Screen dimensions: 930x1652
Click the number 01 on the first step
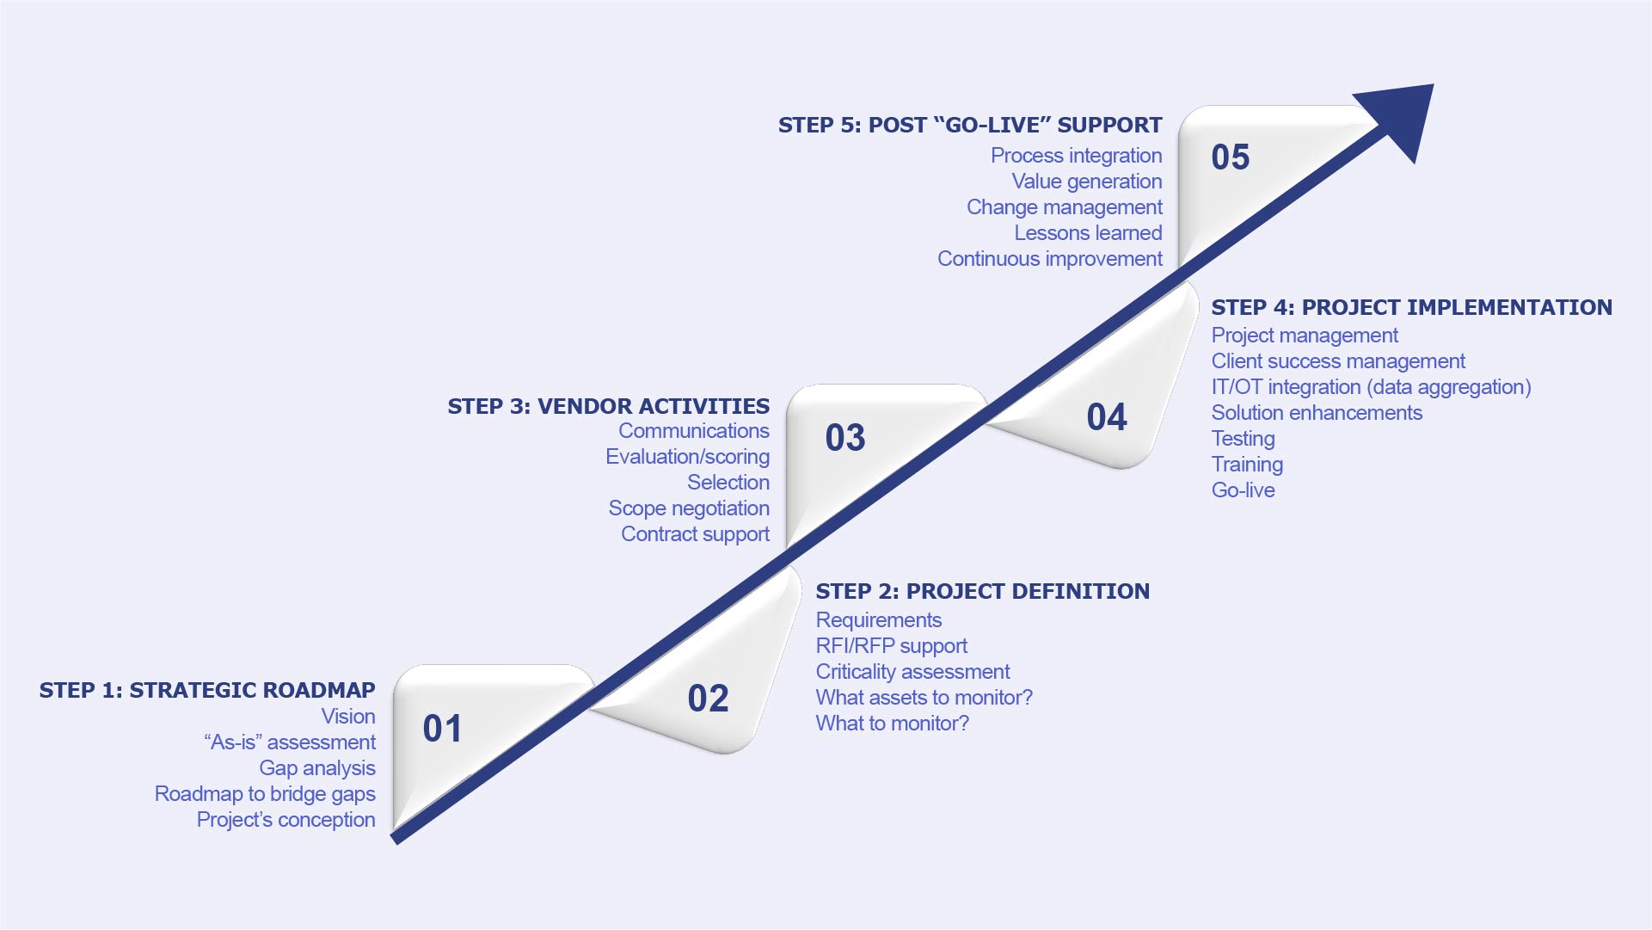pos(442,729)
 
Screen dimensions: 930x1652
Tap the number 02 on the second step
pos(708,699)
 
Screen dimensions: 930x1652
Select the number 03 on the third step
pos(844,438)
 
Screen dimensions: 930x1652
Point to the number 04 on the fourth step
pos(1106,417)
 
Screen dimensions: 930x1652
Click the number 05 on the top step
pos(1230,157)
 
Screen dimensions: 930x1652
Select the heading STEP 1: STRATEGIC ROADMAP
pos(207,690)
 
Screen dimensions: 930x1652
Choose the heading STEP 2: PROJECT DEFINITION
pos(982,591)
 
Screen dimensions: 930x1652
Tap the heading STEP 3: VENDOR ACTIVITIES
pos(608,406)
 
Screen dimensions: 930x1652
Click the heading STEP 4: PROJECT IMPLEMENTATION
pos(1411,307)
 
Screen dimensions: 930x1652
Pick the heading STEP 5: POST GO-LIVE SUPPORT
pos(970,125)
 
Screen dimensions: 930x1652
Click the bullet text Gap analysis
pos(317,767)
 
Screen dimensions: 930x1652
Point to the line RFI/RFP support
pos(891,646)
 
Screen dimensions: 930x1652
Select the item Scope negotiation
pos(689,508)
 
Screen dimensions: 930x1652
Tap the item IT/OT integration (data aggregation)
pos(1371,387)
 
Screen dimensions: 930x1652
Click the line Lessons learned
pos(1088,233)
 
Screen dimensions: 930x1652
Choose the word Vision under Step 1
pos(348,716)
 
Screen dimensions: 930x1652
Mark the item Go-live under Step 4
pos(1243,490)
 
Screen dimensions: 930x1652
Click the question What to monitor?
pos(892,724)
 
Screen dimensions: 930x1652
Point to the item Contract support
pos(695,534)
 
